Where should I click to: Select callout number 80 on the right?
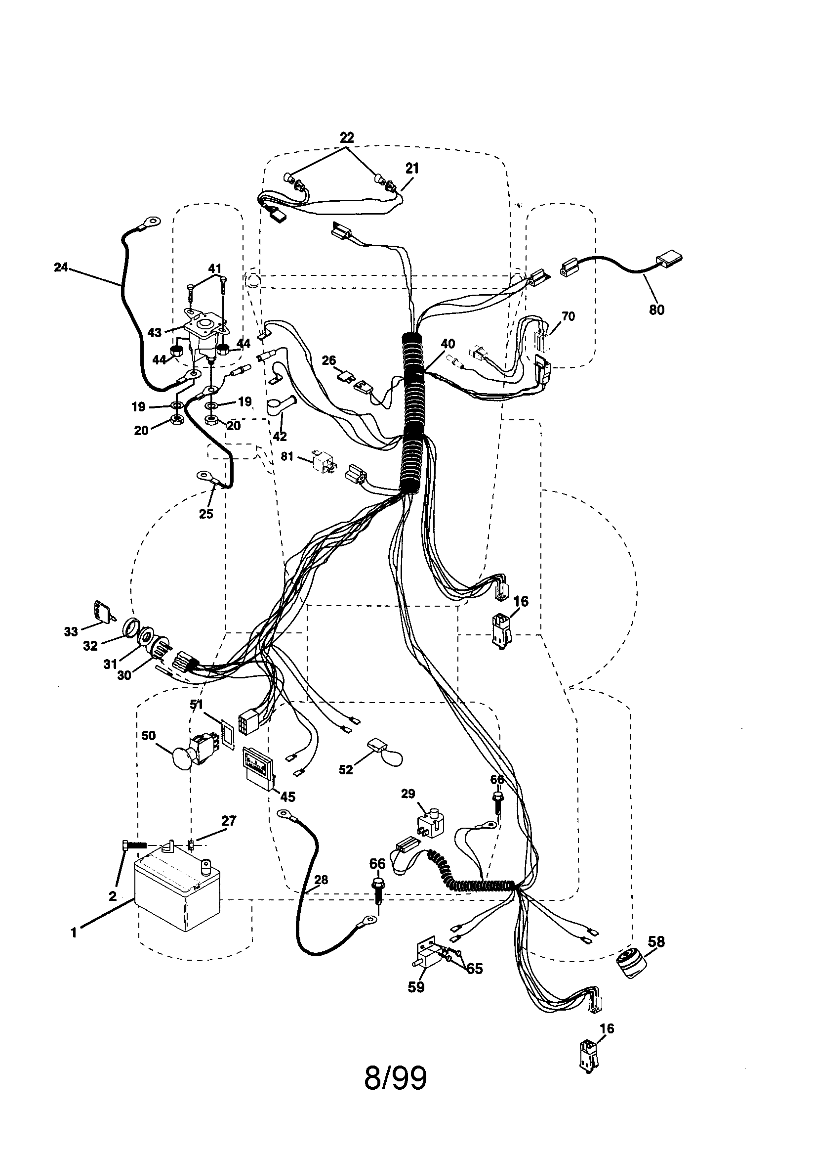point(656,310)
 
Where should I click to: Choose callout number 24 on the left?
point(61,267)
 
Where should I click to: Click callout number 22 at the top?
point(347,137)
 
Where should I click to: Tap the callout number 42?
point(279,436)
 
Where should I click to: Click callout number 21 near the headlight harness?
point(412,169)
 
